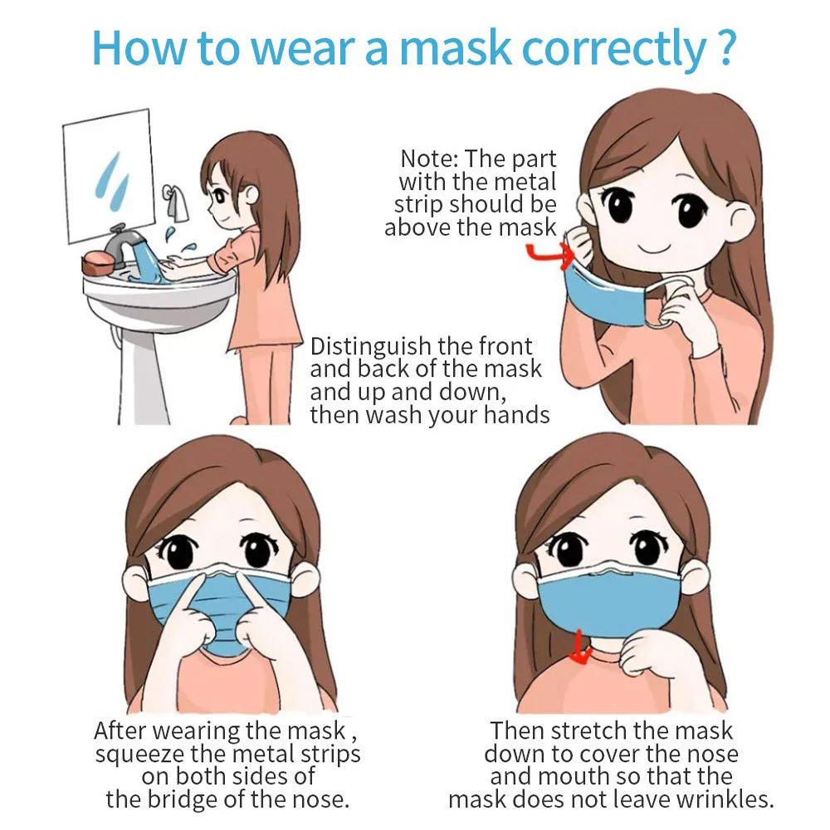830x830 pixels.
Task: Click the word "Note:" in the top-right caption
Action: tap(429, 159)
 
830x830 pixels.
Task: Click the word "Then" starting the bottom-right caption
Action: tap(517, 731)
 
